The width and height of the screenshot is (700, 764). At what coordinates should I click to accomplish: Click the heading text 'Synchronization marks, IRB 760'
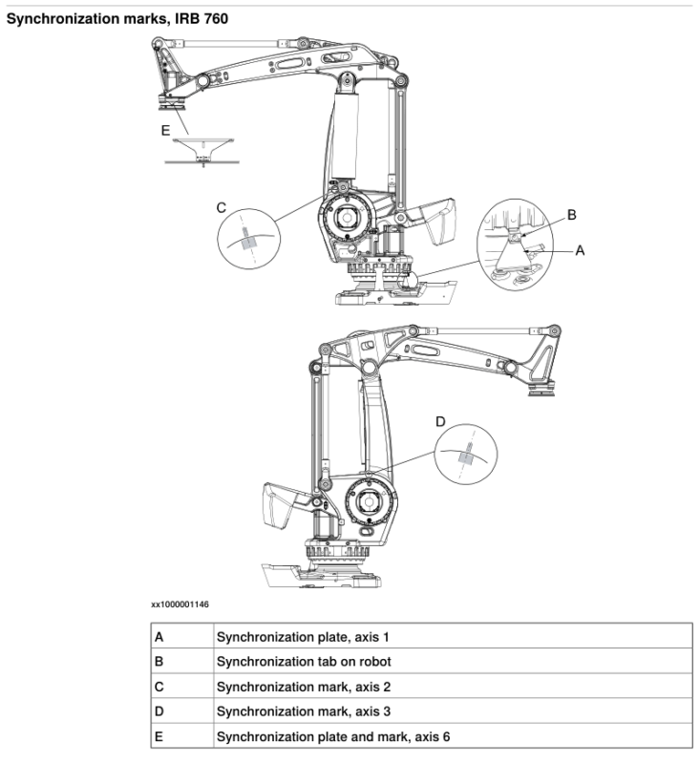pos(117,18)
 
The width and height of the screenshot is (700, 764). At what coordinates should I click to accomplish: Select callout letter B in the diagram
pos(571,216)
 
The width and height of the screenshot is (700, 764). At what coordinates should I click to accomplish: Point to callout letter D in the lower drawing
pos(440,420)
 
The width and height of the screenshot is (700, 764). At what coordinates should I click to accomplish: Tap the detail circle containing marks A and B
pos(517,244)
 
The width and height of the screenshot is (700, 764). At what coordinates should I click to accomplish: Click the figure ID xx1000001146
pos(180,605)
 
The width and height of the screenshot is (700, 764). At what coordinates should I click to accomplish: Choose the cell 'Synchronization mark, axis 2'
pos(303,687)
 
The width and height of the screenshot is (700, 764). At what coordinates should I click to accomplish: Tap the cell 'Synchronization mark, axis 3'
pos(303,711)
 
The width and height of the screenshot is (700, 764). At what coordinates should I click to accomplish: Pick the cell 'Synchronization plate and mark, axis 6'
pos(329,736)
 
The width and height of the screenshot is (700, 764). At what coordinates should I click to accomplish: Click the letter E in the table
pos(159,736)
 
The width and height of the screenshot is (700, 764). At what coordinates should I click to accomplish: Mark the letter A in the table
pos(159,636)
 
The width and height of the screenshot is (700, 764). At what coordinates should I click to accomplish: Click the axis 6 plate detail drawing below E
pos(205,153)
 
